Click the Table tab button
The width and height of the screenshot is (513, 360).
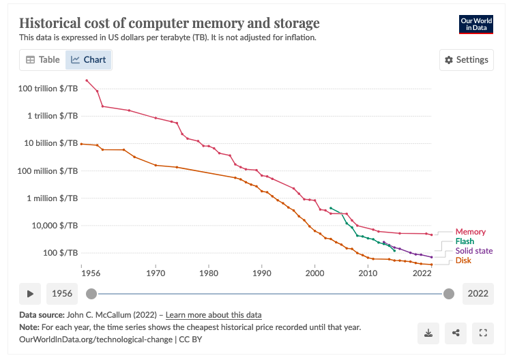(x=42, y=60)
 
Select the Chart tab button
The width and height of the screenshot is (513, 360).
(x=89, y=60)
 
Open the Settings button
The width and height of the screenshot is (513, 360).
(x=466, y=60)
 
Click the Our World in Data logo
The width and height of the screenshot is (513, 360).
(x=476, y=24)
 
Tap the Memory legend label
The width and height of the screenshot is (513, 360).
(x=470, y=232)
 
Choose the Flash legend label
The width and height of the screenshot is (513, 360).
(x=465, y=241)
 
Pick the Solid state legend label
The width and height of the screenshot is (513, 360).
(x=473, y=251)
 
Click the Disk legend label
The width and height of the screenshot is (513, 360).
(x=463, y=260)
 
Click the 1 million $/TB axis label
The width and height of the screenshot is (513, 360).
(x=53, y=198)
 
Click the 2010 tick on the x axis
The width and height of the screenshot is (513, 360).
(x=368, y=273)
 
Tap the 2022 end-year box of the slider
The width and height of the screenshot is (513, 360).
(x=478, y=294)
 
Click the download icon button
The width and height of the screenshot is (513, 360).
(x=428, y=333)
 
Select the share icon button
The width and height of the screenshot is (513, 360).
(x=456, y=333)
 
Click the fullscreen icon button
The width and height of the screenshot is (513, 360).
(x=483, y=333)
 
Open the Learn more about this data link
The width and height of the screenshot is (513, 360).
(x=214, y=315)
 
